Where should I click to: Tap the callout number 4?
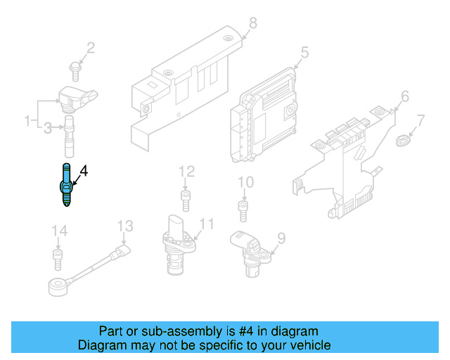[84, 171]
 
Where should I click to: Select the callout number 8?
[253, 23]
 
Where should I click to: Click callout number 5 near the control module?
[304, 52]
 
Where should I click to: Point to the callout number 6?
[404, 96]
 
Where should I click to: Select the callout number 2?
[90, 48]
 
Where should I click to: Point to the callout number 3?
[47, 127]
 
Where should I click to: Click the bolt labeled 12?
[185, 199]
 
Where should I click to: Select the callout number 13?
[124, 226]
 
